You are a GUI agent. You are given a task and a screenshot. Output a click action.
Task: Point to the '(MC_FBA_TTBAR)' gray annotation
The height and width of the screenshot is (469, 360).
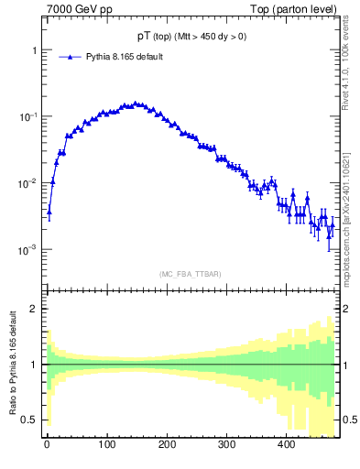(x=188, y=274)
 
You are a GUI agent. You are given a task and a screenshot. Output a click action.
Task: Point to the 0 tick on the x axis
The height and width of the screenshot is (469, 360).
(x=47, y=444)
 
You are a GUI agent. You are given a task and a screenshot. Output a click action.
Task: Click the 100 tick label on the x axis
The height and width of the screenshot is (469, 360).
(x=106, y=444)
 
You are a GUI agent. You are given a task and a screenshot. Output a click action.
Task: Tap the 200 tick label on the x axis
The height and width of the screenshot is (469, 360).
(x=167, y=444)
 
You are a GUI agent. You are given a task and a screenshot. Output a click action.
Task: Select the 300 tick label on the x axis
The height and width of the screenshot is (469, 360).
(x=226, y=444)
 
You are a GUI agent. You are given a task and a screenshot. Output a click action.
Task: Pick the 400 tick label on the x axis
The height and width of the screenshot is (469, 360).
(x=286, y=444)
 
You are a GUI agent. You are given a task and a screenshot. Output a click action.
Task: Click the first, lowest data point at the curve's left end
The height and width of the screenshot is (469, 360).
(x=49, y=212)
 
